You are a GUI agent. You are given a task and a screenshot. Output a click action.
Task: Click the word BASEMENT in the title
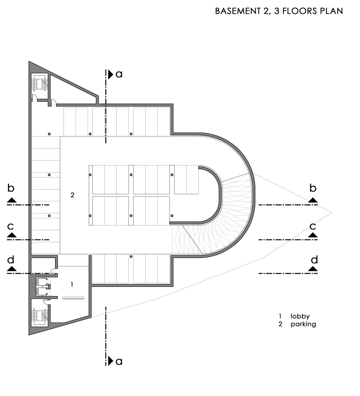point(238,11)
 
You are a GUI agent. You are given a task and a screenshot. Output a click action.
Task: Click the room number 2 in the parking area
point(72,195)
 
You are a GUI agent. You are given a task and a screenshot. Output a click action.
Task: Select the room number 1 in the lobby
point(72,285)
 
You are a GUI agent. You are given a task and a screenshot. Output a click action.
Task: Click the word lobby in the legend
point(300,316)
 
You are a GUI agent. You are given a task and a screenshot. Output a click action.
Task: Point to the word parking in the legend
point(303,324)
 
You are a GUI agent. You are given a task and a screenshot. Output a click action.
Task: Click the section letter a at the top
point(119,74)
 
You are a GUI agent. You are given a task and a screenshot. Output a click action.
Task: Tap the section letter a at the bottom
point(119,361)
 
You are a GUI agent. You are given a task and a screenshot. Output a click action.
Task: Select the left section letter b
point(11,188)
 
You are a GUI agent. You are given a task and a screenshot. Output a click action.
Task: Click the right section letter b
point(313,188)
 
